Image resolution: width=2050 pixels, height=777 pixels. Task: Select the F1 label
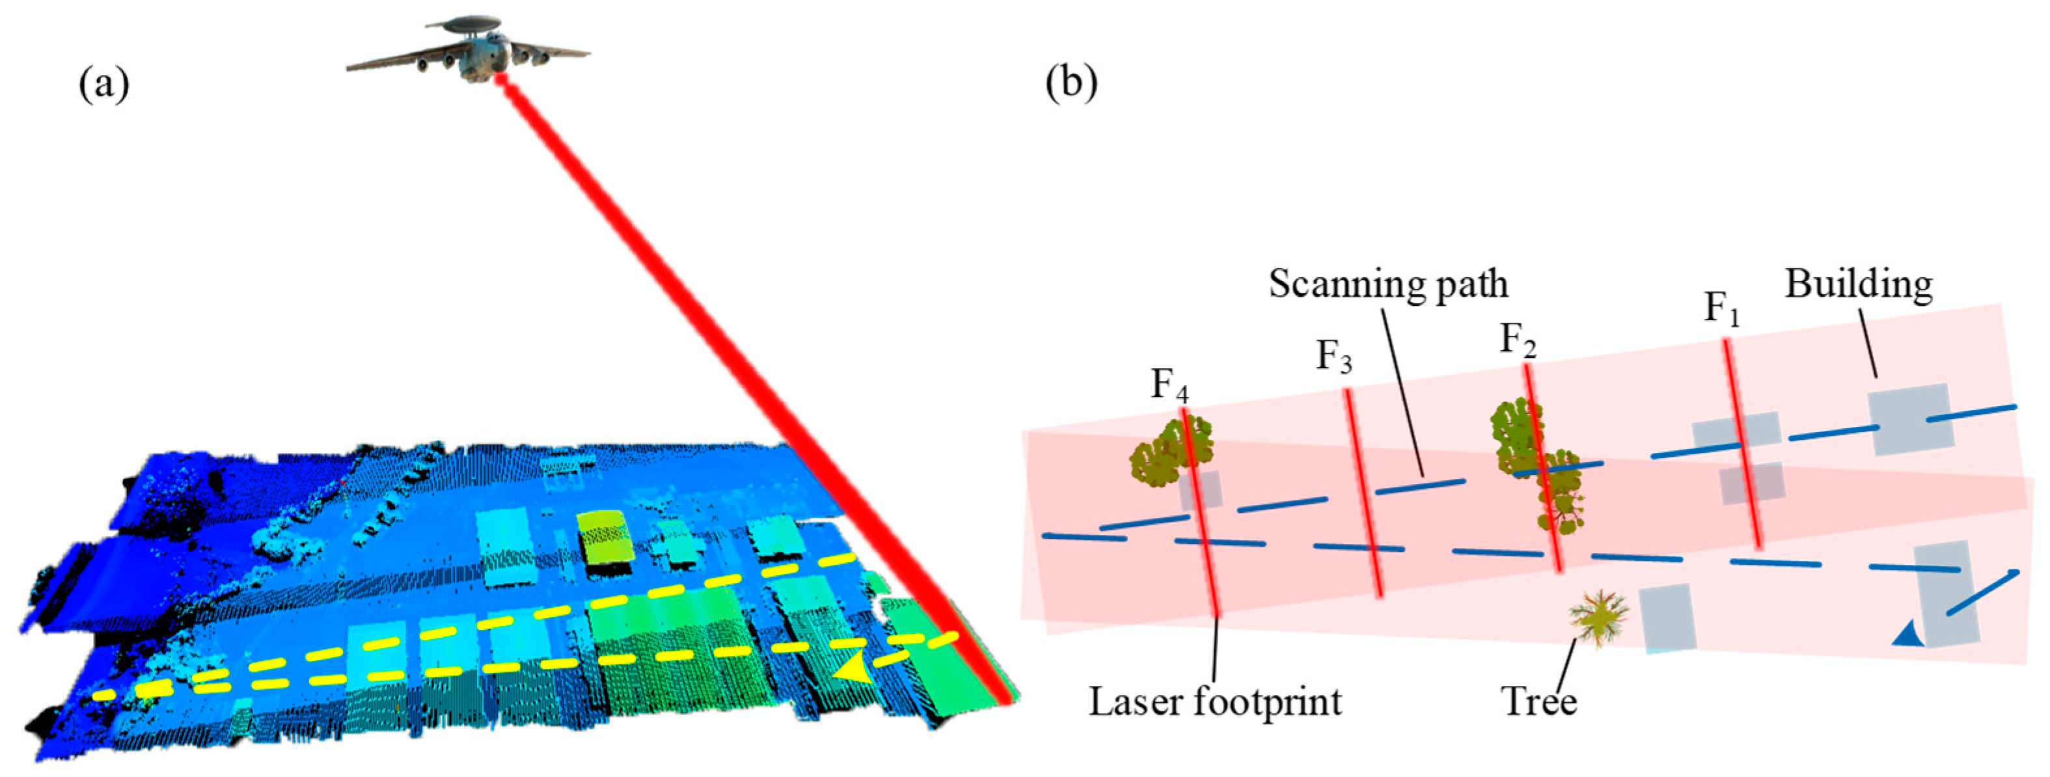(x=1721, y=309)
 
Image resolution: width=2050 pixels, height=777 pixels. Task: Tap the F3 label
(x=1333, y=356)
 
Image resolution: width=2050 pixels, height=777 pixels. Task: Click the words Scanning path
(x=1388, y=284)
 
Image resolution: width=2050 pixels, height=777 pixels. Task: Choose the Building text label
(x=1859, y=284)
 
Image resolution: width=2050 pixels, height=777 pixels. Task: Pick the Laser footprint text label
(x=1215, y=702)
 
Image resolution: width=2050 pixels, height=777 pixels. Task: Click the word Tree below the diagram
(x=1538, y=702)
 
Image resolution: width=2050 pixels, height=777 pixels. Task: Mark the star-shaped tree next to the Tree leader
(x=1598, y=617)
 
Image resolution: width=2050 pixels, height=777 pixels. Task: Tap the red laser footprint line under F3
(x=1364, y=493)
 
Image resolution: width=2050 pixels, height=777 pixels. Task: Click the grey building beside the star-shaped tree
(x=1667, y=617)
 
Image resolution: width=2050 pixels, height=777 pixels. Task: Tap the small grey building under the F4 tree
(x=1200, y=491)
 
